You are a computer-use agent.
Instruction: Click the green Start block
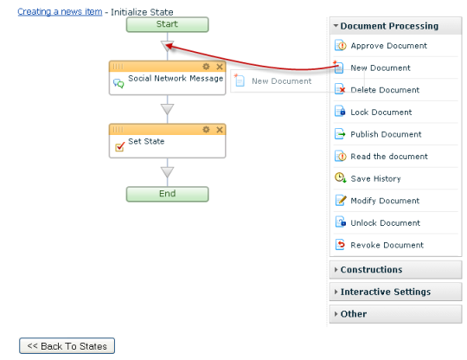point(167,24)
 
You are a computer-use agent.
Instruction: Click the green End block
point(167,194)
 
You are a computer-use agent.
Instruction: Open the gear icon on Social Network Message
point(206,67)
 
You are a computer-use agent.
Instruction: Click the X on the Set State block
point(220,130)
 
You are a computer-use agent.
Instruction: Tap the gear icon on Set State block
point(206,130)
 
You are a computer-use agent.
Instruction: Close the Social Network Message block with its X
point(220,67)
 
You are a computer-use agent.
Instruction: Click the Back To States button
point(67,345)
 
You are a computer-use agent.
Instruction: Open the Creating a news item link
point(60,11)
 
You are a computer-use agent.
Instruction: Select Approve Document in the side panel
point(388,46)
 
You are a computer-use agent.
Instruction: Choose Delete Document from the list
point(385,90)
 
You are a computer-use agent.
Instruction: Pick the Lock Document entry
point(381,112)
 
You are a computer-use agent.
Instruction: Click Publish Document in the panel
point(386,134)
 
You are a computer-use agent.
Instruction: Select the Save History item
point(375,178)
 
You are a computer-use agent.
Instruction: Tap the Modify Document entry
point(385,201)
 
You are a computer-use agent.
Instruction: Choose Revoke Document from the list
point(387,245)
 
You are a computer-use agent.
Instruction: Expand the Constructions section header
point(395,270)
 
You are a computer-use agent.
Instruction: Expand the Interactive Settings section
point(395,292)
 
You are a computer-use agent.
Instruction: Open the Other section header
point(395,314)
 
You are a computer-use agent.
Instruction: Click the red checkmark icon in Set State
point(119,146)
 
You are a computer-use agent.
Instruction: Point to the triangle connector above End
point(167,172)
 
